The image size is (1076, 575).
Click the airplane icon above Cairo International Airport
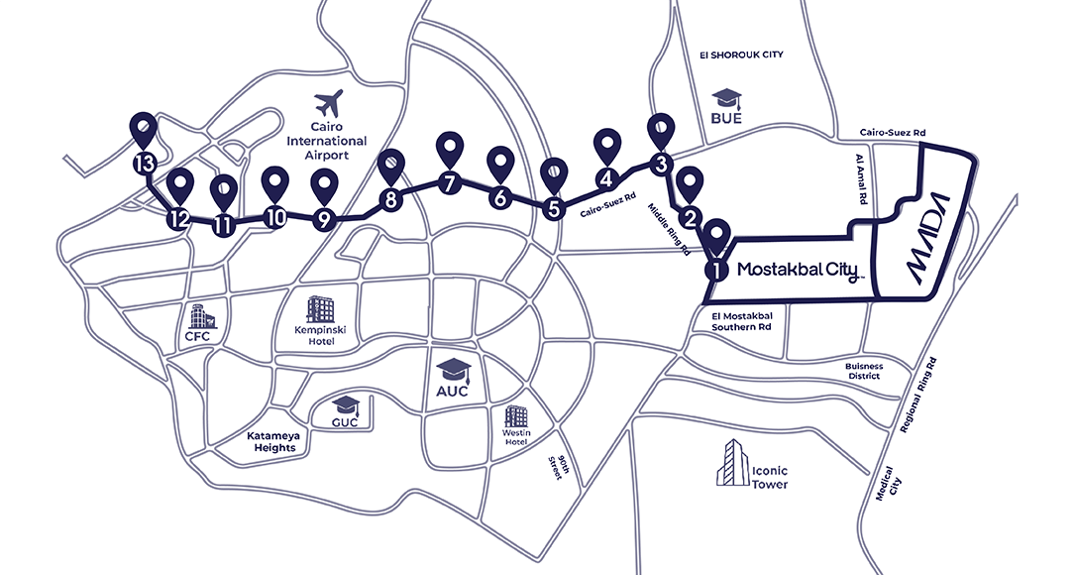327,103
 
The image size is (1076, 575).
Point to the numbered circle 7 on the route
450,183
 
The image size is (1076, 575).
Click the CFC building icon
203,317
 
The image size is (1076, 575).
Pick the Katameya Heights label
272,441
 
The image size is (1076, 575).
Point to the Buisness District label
877,371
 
